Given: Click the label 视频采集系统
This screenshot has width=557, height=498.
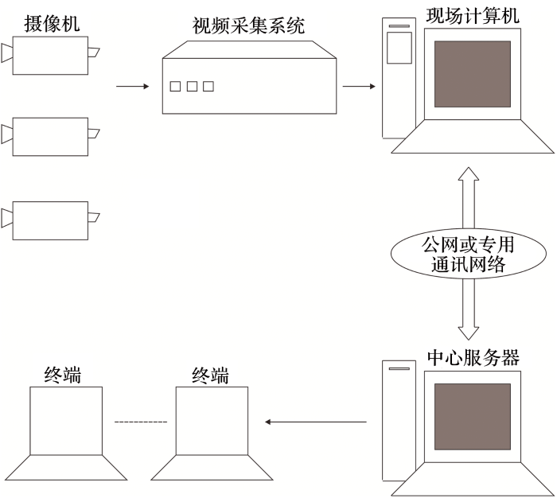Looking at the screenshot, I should point(249,27).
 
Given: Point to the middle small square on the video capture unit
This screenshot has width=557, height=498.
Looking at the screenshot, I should point(192,86).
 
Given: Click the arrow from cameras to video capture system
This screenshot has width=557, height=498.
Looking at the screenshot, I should point(132,85).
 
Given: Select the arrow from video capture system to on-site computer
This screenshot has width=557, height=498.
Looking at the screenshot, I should point(360,85).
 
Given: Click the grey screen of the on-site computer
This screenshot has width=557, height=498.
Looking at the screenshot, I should point(472,74).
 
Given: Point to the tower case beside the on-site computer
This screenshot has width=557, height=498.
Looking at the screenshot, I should point(399,80).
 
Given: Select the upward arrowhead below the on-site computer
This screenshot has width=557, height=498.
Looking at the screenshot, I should point(468,174).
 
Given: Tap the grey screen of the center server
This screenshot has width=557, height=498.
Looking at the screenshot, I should point(472,417).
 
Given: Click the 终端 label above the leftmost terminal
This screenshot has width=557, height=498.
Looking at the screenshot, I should point(64,375).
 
